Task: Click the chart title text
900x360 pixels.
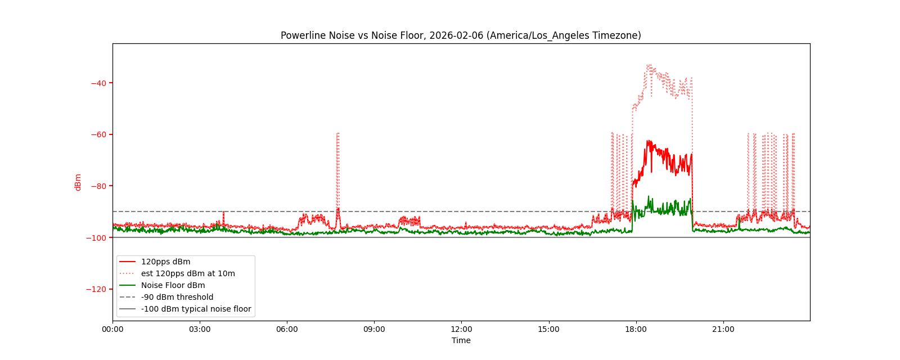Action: [461, 35]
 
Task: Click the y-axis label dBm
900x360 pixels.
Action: [78, 182]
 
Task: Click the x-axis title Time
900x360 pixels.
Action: [461, 340]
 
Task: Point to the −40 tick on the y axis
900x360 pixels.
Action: [98, 83]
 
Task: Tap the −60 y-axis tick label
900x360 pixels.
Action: [98, 134]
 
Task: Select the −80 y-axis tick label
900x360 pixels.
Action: [98, 186]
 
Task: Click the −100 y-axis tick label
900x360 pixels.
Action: [97, 238]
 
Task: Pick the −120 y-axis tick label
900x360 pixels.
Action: [97, 289]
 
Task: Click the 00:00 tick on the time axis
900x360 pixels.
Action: [112, 329]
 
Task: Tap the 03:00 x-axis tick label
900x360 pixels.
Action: [200, 329]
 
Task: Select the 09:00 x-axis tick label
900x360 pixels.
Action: [374, 329]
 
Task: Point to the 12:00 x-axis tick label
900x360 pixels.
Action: [461, 329]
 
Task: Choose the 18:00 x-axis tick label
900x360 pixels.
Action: [636, 329]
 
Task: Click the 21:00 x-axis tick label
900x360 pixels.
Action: [723, 329]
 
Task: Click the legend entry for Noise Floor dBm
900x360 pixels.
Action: [173, 285]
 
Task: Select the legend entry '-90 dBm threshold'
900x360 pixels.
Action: [177, 297]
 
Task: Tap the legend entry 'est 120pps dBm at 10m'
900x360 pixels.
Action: [188, 273]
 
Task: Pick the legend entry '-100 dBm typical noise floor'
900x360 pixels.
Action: [196, 309]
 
